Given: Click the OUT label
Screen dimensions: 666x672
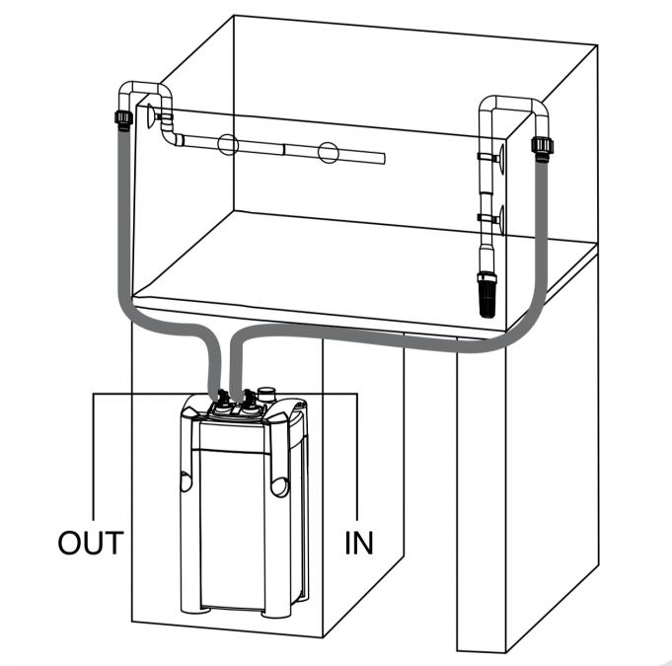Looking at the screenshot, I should coord(91,543).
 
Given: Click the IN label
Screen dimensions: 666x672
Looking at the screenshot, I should coord(359,543).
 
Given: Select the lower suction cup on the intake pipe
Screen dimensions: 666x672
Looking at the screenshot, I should coord(500,216).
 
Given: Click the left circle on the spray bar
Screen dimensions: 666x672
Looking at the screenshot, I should coord(228,146).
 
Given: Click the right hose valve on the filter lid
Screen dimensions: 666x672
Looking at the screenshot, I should coord(249,400).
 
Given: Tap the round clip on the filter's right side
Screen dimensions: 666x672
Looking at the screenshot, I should coord(277,485).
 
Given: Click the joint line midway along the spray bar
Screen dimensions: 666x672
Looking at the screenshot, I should coord(283,150).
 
